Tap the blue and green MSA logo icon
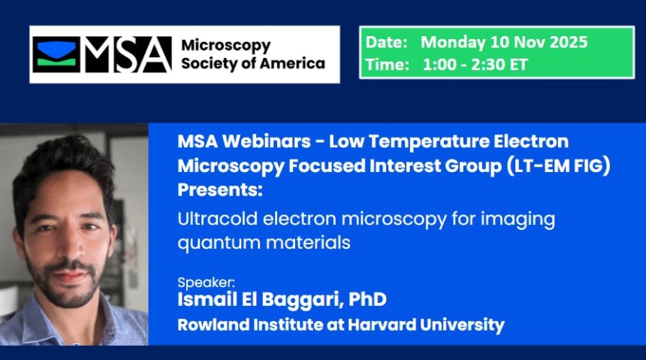(x=56, y=54)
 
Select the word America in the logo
(x=292, y=63)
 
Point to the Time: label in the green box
(x=387, y=65)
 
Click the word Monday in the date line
(x=451, y=42)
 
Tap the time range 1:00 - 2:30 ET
(x=475, y=65)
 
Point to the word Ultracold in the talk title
(x=211, y=219)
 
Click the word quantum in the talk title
(x=209, y=243)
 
